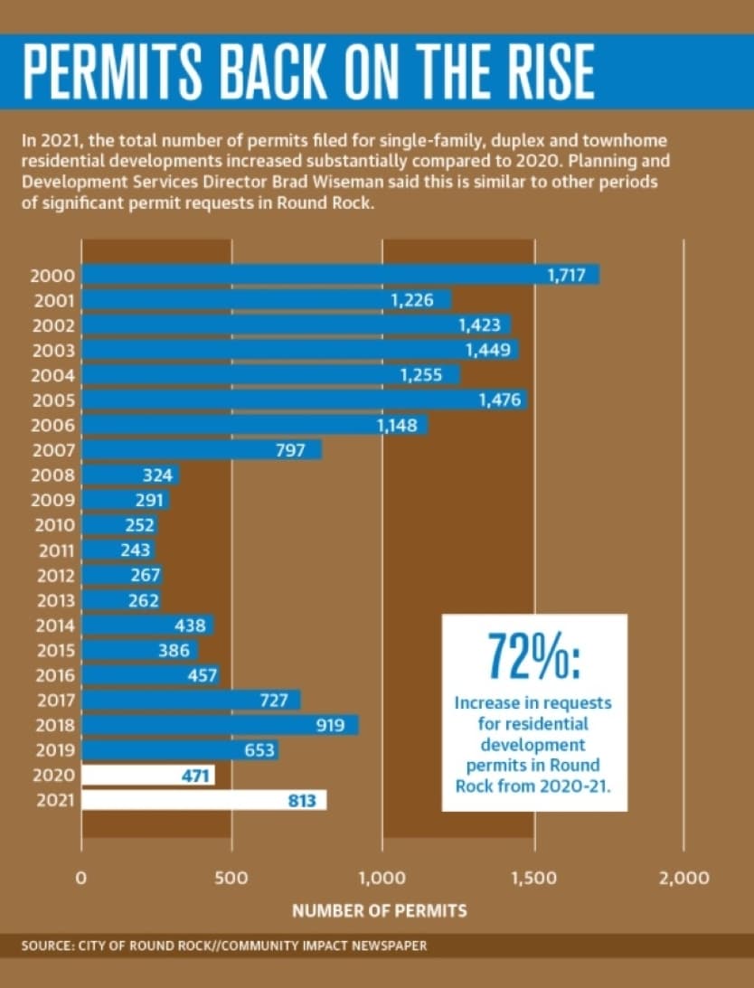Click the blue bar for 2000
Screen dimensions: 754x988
[x=341, y=275]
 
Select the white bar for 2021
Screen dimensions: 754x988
[x=204, y=800]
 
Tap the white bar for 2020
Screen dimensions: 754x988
[x=148, y=775]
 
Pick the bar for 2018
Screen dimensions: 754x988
[x=220, y=725]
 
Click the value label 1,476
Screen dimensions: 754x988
[x=500, y=400]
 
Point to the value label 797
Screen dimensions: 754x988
[x=290, y=450]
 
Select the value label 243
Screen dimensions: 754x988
[x=136, y=550]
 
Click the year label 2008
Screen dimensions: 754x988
[x=53, y=475]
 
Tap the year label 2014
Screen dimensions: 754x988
[x=54, y=626]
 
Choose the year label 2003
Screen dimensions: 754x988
[x=53, y=351]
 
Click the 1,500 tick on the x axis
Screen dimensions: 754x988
[x=533, y=878]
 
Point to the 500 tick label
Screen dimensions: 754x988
[x=231, y=878]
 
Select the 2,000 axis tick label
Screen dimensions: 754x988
[x=684, y=878]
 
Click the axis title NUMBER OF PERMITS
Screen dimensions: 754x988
[x=380, y=910]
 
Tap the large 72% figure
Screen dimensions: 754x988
[x=534, y=655]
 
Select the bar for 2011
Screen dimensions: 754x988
[x=118, y=550]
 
